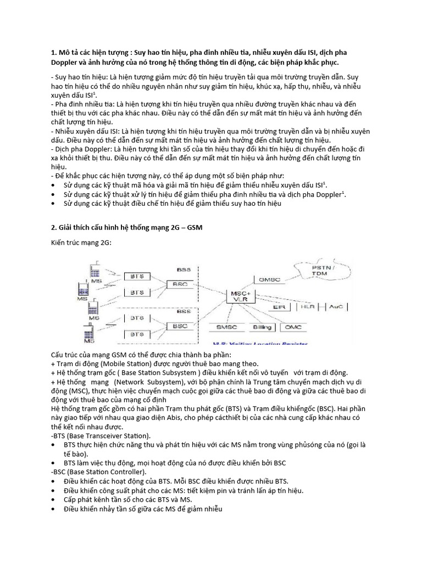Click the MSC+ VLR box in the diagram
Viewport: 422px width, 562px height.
[x=241, y=296]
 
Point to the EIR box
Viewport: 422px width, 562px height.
[x=279, y=307]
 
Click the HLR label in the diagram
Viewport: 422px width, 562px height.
[x=308, y=307]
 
